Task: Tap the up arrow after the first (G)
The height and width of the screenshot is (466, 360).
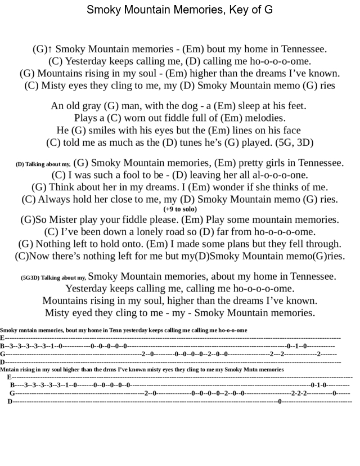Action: tap(50, 50)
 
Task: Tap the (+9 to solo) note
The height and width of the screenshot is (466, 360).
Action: tap(180, 209)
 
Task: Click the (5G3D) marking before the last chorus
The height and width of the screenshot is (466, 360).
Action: tap(30, 277)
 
